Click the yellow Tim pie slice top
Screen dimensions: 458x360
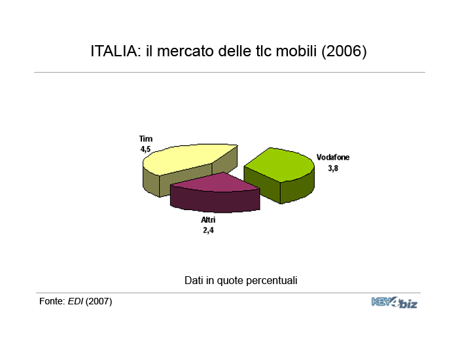pyautogui.click(x=187, y=158)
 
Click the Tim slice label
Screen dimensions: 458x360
pyautogui.click(x=146, y=139)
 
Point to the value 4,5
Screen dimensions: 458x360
pyautogui.click(x=145, y=149)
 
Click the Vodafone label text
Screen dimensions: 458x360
pyautogui.click(x=333, y=158)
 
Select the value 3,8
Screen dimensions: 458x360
pyautogui.click(x=333, y=168)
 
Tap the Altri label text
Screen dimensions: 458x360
pyautogui.click(x=208, y=220)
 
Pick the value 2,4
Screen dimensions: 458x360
pyautogui.click(x=208, y=230)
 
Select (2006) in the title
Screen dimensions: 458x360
pyautogui.click(x=344, y=52)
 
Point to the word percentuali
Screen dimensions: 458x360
pyautogui.click(x=272, y=281)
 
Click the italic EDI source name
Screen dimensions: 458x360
pyautogui.click(x=75, y=301)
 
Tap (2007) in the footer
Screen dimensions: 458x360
pyautogui.click(x=99, y=302)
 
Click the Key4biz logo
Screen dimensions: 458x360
pyautogui.click(x=395, y=302)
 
